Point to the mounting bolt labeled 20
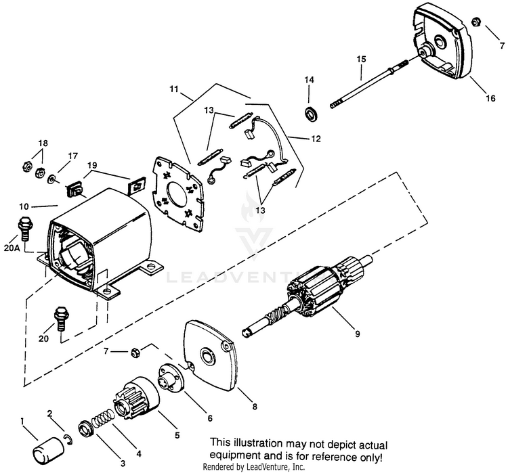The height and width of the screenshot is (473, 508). pos(60,318)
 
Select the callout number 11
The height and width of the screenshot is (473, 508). pos(175,88)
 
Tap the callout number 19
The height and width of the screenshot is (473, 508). pos(93,164)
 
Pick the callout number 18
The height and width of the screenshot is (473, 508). pos(43,143)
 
